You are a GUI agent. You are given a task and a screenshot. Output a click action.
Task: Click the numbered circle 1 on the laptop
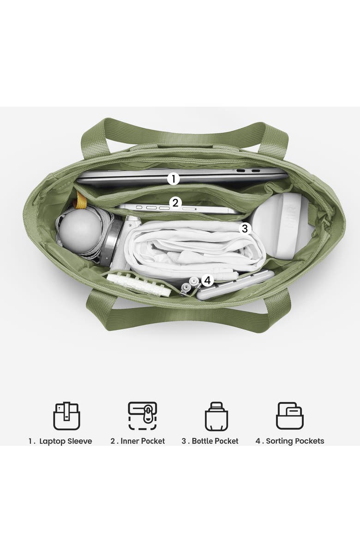click(x=173, y=179)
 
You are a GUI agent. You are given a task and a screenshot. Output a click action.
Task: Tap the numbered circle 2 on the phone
click(x=175, y=203)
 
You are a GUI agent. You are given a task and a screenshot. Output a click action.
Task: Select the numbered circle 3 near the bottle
click(x=245, y=228)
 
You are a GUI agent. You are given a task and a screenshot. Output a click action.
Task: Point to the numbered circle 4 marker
click(x=208, y=280)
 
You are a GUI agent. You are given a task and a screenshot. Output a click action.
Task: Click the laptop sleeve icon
click(x=66, y=416)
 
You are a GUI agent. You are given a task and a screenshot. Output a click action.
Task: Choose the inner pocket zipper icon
click(x=143, y=416)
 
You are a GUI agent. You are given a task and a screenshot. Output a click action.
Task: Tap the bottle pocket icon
click(x=216, y=416)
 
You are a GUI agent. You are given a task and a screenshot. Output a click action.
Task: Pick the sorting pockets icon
click(x=290, y=416)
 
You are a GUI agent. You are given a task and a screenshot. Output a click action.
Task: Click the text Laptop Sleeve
click(x=66, y=441)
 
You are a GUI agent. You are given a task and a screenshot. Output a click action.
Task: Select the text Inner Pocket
click(x=143, y=441)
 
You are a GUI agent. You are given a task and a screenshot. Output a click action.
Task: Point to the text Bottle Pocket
click(x=215, y=441)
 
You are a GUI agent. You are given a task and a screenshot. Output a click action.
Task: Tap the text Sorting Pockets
click(x=295, y=441)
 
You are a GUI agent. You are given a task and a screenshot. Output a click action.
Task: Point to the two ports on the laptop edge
click(x=248, y=171)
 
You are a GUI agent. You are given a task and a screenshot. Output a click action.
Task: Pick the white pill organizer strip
click(x=139, y=283)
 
